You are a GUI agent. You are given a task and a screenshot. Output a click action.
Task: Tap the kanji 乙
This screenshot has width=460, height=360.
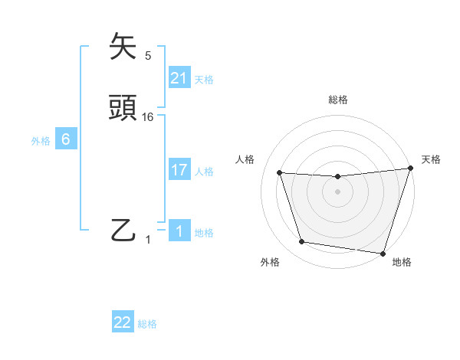[x=124, y=230]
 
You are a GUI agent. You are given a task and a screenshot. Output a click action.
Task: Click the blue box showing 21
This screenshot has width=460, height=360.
[x=179, y=78]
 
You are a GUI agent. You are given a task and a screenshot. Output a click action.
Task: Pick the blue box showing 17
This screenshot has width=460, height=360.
[x=179, y=170]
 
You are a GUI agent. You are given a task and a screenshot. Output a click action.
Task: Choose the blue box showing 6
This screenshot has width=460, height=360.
[x=66, y=139]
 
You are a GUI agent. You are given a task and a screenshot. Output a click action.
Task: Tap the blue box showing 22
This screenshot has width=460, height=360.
[x=123, y=322]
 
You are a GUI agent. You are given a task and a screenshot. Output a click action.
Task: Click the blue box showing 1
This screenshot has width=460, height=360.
[x=179, y=231]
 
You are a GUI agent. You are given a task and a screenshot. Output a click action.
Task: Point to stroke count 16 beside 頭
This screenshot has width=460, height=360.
[x=148, y=116]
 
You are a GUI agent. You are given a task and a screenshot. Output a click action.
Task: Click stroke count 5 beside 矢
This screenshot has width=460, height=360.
[x=148, y=55]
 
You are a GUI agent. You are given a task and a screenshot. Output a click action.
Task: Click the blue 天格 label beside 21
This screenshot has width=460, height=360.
[x=204, y=79]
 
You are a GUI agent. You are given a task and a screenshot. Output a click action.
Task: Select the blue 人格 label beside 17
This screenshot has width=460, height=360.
[x=204, y=171]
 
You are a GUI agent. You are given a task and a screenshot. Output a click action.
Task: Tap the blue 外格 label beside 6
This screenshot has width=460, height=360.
[x=41, y=140]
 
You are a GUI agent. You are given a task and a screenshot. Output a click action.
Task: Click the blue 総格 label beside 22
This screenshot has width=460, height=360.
[x=147, y=323]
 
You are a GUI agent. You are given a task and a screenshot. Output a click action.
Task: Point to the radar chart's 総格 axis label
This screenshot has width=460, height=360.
[x=338, y=100]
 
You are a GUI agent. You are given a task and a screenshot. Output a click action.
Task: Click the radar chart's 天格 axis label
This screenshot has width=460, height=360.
[x=432, y=159]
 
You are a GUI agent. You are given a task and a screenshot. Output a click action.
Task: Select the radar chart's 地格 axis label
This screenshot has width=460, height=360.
[x=402, y=262]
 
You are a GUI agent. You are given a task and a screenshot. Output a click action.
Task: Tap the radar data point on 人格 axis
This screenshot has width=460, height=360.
[x=280, y=173]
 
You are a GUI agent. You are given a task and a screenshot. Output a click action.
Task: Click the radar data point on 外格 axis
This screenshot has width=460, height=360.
[x=302, y=242]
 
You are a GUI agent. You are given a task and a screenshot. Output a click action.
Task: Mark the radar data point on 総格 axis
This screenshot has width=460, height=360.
[x=338, y=177]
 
